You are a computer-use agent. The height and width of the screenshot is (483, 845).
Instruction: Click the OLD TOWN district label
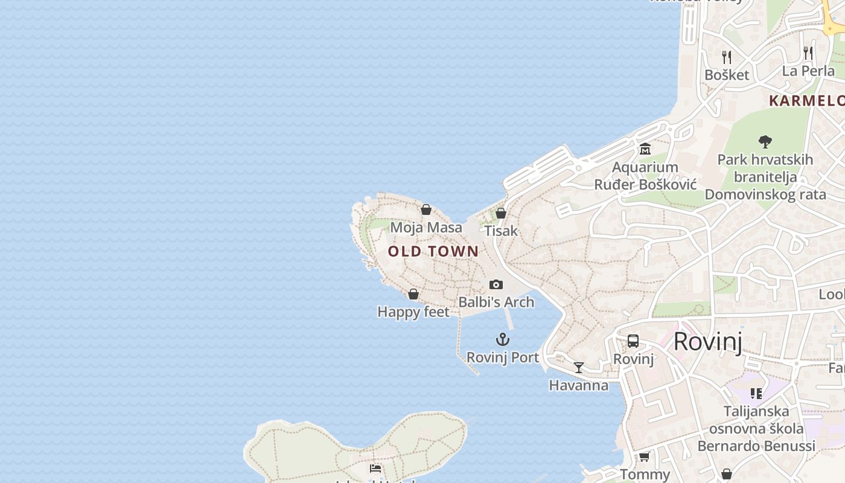pyautogui.click(x=433, y=251)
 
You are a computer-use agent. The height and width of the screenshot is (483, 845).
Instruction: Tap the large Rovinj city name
pyautogui.click(x=707, y=342)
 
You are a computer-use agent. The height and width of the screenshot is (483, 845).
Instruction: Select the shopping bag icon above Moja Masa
pyautogui.click(x=426, y=210)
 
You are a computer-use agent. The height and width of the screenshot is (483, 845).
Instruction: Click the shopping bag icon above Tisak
pyautogui.click(x=501, y=213)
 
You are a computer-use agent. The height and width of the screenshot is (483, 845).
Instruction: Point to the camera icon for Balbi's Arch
pyautogui.click(x=496, y=284)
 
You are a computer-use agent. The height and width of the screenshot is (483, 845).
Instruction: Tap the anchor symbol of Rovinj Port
pyautogui.click(x=503, y=339)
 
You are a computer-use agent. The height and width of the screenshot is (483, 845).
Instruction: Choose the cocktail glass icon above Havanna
pyautogui.click(x=579, y=367)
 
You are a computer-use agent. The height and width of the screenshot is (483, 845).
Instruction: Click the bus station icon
pyautogui.click(x=633, y=341)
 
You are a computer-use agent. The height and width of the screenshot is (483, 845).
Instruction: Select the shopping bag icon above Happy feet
pyautogui.click(x=413, y=294)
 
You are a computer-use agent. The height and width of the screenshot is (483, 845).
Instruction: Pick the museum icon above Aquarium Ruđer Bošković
pyautogui.click(x=645, y=149)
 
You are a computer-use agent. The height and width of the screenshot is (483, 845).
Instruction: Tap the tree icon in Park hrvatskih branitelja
pyautogui.click(x=765, y=142)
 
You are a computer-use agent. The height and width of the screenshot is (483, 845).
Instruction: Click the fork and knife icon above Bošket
pyautogui.click(x=727, y=57)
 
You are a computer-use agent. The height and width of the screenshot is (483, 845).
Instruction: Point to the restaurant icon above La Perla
pyautogui.click(x=808, y=53)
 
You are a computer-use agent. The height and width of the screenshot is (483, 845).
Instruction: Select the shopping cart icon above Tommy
pyautogui.click(x=645, y=456)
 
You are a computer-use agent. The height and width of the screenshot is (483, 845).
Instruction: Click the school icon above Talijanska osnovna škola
pyautogui.click(x=756, y=394)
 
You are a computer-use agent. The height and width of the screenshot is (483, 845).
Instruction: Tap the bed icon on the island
pyautogui.click(x=375, y=468)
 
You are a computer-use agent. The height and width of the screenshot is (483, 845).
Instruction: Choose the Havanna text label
pyautogui.click(x=579, y=385)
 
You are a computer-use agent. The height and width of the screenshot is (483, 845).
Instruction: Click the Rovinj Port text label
pyautogui.click(x=503, y=357)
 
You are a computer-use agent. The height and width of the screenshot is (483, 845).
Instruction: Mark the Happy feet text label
pyautogui.click(x=413, y=312)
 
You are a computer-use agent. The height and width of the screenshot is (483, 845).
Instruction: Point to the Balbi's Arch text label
pyautogui.click(x=496, y=302)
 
